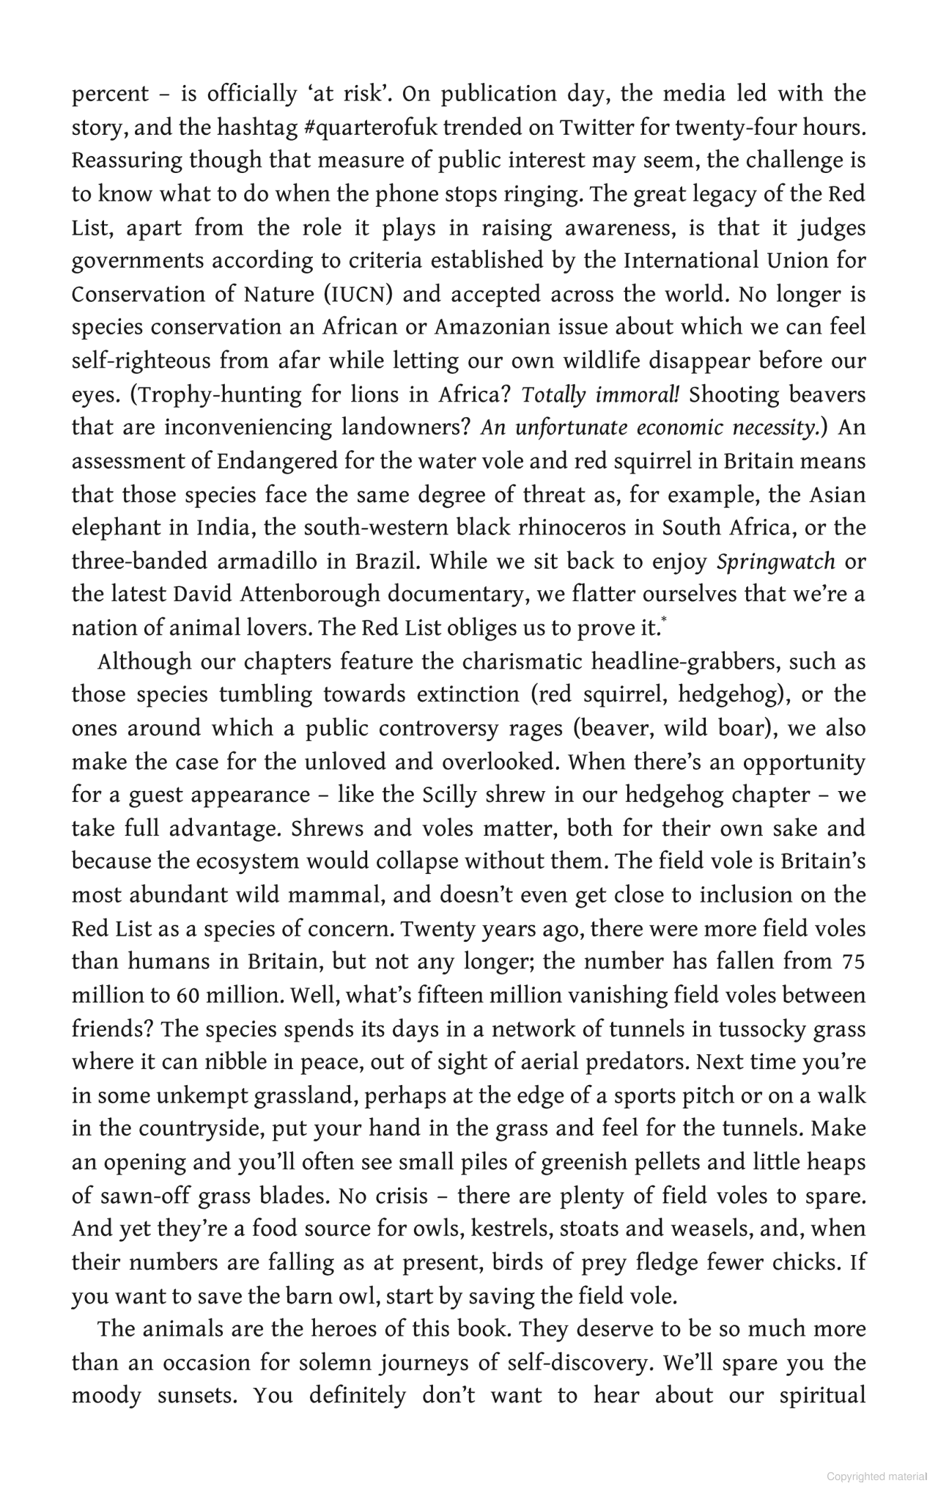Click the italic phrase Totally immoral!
coord(600,395)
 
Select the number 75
coord(853,962)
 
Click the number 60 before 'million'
coord(183,996)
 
